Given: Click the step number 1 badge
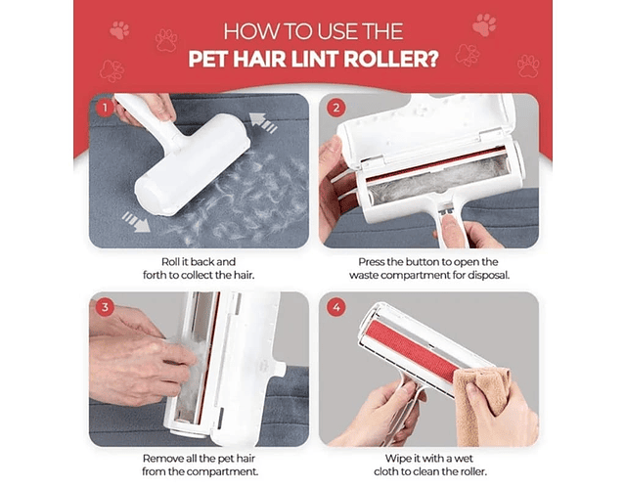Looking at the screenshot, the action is pyautogui.click(x=105, y=108).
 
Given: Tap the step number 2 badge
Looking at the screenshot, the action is pyautogui.click(x=336, y=108).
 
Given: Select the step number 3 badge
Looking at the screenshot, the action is pyautogui.click(x=105, y=307).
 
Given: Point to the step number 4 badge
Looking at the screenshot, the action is pyautogui.click(x=336, y=307).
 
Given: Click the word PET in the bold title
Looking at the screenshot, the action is pyautogui.click(x=208, y=59).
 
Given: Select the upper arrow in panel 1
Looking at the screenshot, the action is pyautogui.click(x=263, y=121).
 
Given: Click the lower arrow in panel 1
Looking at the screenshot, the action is pyautogui.click(x=136, y=222).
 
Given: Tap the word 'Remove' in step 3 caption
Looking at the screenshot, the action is pyautogui.click(x=160, y=459).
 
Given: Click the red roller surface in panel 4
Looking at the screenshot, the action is pyautogui.click(x=411, y=350).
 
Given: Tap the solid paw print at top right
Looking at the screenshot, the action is pyautogui.click(x=484, y=24).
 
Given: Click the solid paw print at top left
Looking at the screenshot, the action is pyautogui.click(x=119, y=30).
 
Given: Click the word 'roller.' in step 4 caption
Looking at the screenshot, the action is pyautogui.click(x=473, y=471).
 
